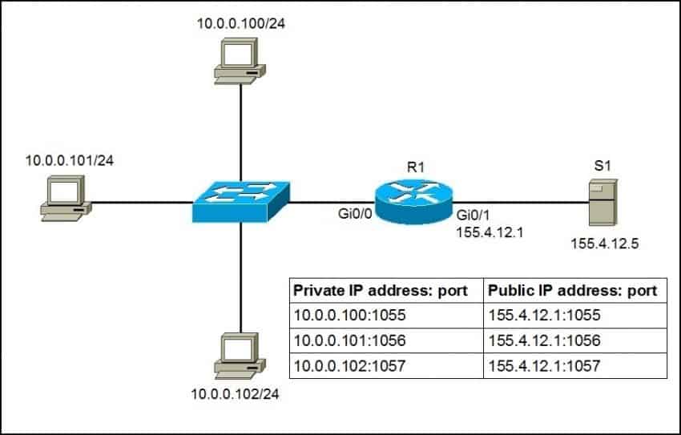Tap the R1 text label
pyautogui.click(x=413, y=169)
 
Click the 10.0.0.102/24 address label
pyautogui.click(x=236, y=394)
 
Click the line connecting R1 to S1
pyautogui.click(x=521, y=202)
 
